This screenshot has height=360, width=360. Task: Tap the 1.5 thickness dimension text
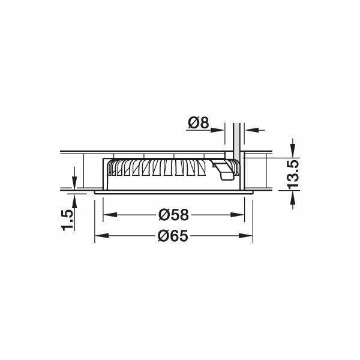[x=68, y=220]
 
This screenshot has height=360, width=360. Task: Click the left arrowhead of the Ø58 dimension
[x=109, y=215]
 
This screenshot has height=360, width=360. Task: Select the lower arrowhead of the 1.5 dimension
[x=73, y=199]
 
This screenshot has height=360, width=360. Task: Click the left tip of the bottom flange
[x=94, y=193]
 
